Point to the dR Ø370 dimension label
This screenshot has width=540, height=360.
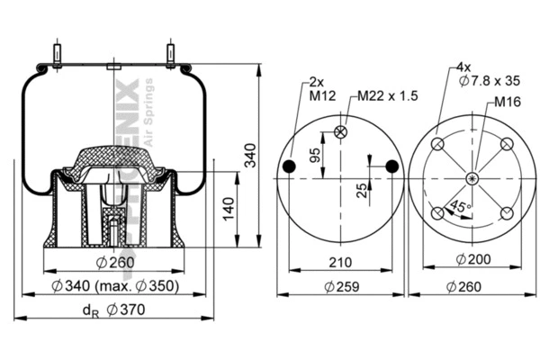click(x=115, y=310)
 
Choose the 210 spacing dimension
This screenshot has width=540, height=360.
click(x=339, y=263)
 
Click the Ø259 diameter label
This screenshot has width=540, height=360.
click(x=339, y=287)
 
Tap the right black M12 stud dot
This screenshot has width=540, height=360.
click(x=391, y=166)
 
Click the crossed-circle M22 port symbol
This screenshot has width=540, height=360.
click(x=340, y=132)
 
